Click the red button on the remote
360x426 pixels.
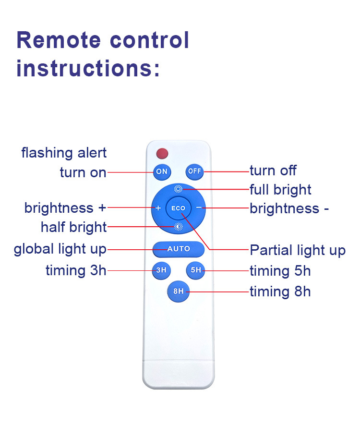pyautogui.click(x=162, y=154)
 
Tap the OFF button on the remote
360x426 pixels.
pyautogui.click(x=194, y=171)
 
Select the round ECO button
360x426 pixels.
pyautogui.click(x=178, y=208)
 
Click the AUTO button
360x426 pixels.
pyautogui.click(x=179, y=249)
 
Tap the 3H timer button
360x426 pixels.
pyautogui.click(x=161, y=270)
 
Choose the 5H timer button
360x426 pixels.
pyautogui.click(x=196, y=270)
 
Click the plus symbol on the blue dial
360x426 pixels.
pyautogui.click(x=158, y=208)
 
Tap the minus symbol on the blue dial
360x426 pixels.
pyautogui.click(x=198, y=208)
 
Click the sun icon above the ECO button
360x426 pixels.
pyautogui.click(x=178, y=189)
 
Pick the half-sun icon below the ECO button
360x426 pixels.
pyautogui.click(x=179, y=227)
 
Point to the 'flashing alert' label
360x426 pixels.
pyautogui.click(x=64, y=153)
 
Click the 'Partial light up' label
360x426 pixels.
pyautogui.click(x=298, y=250)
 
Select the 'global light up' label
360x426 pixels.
pyautogui.click(x=60, y=249)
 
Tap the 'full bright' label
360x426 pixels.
pyautogui.click(x=280, y=190)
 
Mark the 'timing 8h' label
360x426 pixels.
pyautogui.click(x=280, y=292)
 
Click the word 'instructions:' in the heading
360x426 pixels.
pyautogui.click(x=88, y=68)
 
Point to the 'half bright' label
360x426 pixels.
pyautogui.click(x=73, y=227)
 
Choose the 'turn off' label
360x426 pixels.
pyautogui.click(x=273, y=170)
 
